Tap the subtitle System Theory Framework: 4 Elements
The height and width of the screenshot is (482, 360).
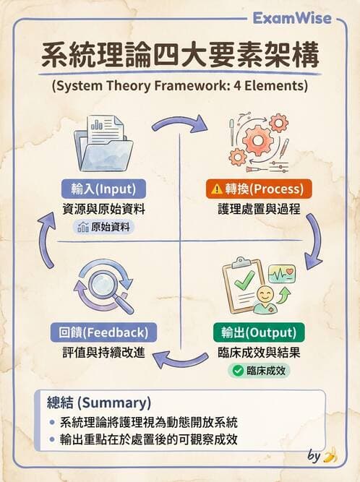click(x=180, y=85)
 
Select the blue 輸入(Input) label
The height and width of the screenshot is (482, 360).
click(x=104, y=189)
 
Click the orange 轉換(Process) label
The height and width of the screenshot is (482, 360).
click(x=258, y=189)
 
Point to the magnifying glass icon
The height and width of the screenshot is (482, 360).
click(x=106, y=286)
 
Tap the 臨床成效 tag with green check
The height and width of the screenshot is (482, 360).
click(x=259, y=371)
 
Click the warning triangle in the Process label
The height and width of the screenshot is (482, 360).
click(x=216, y=189)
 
